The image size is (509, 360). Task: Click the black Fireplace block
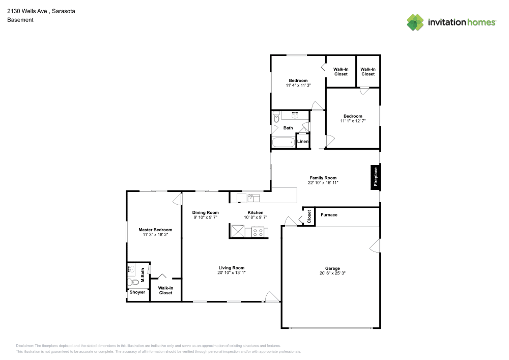tap(376, 177)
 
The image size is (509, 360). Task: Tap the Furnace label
tap(329, 215)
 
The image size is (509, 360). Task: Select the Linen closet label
tap(303, 142)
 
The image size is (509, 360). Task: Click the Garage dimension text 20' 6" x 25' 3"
tap(332, 273)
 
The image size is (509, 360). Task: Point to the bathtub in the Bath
tap(284, 142)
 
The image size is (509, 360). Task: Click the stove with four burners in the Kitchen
tap(258, 232)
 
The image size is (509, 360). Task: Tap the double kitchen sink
tap(253, 198)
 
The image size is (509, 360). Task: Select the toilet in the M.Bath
tap(133, 282)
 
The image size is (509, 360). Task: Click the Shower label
tap(137, 292)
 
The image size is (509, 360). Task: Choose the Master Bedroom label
tap(155, 230)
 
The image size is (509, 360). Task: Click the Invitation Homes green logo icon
tap(415, 22)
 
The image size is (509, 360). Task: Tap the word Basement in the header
tap(20, 20)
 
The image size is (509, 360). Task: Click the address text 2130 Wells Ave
tap(27, 11)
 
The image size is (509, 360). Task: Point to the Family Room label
tap(323, 178)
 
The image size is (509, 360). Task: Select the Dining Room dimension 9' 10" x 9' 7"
tap(206, 217)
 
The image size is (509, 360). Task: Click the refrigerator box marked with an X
tap(237, 231)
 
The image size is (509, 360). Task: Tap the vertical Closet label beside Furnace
tap(309, 216)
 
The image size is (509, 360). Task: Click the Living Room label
tap(232, 268)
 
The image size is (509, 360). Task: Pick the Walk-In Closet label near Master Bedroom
tap(165, 291)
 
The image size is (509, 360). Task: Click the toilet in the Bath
tap(276, 117)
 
